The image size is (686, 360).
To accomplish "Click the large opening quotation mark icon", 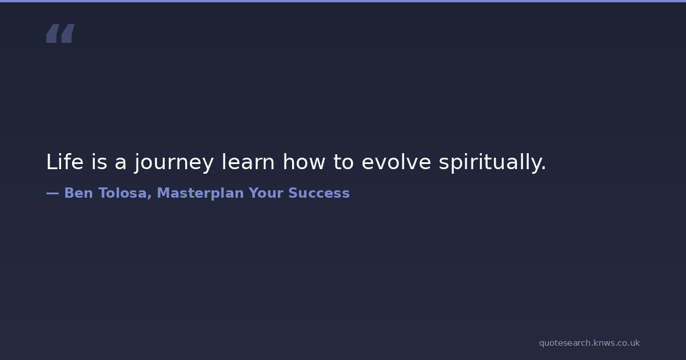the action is click(61, 33).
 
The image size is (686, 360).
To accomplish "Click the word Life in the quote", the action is click(65, 162).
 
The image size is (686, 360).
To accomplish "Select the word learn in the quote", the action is click(248, 162).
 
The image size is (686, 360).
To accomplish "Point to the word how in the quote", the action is click(304, 162).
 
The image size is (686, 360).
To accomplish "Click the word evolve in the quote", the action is click(396, 162).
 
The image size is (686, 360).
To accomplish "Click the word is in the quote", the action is click(99, 162).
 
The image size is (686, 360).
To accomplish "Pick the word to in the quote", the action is click(344, 162).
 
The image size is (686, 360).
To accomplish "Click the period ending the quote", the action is click(544, 168).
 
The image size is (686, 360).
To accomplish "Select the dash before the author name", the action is click(53, 194).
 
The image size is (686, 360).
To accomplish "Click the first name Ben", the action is click(78, 193).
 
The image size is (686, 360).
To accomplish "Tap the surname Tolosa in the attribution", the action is click(122, 193).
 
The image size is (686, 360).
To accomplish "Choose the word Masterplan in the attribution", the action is click(200, 194).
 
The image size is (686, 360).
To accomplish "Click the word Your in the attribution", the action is click(266, 193).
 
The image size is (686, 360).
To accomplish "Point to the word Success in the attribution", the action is click(319, 193).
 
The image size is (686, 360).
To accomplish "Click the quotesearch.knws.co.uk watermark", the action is click(589, 343).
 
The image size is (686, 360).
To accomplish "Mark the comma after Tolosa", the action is click(149, 198).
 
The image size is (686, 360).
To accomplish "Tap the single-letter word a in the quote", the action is click(121, 164).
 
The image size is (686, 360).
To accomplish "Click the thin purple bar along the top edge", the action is click(343, 1).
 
